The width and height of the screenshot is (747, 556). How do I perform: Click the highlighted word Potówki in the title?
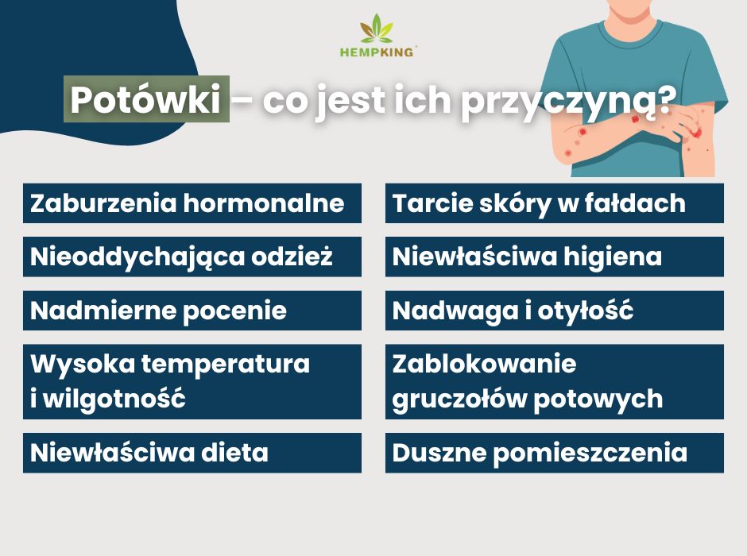click(x=146, y=100)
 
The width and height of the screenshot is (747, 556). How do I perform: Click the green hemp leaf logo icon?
click(x=377, y=29)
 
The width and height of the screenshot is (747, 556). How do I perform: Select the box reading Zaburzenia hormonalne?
click(x=192, y=203)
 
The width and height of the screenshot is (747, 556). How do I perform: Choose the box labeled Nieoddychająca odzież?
click(x=192, y=257)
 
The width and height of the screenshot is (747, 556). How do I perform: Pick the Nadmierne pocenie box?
click(x=192, y=311)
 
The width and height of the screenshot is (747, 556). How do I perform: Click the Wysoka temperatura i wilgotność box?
click(x=192, y=381)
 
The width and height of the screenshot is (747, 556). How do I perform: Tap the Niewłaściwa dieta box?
click(x=192, y=453)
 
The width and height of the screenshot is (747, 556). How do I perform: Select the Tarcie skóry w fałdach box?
click(x=554, y=203)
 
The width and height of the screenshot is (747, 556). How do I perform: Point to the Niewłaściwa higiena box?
click(x=554, y=257)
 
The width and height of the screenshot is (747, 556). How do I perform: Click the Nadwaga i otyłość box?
click(x=554, y=311)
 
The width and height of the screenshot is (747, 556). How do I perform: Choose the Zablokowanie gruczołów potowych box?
click(x=554, y=381)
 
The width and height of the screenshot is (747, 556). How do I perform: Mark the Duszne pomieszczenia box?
click(x=554, y=453)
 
